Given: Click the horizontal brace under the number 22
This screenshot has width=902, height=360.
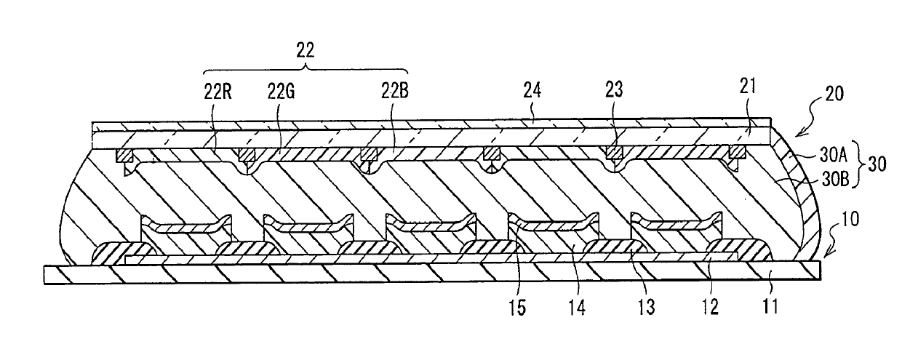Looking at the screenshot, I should pos(305,71).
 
